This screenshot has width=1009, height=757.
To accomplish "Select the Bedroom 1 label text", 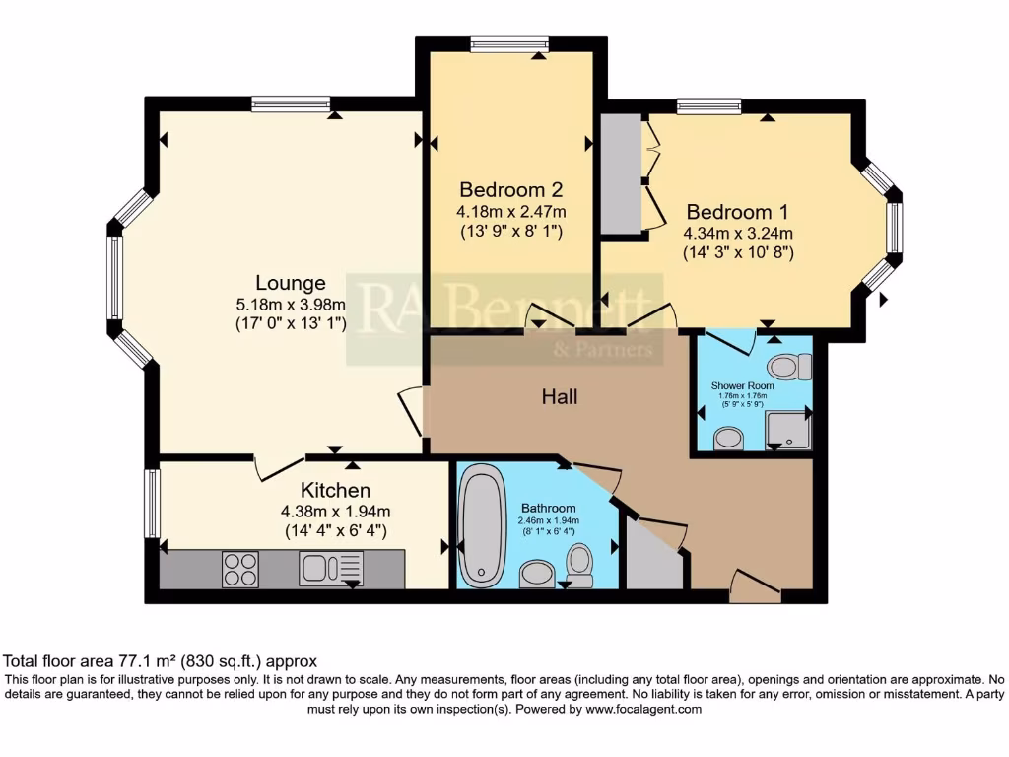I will click(x=738, y=212).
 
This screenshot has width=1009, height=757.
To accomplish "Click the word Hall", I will click(x=560, y=397).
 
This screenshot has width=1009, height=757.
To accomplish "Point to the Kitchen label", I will click(x=335, y=490).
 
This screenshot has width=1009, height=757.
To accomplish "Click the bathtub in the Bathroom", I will click(x=482, y=526).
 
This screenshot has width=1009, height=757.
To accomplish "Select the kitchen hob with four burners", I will click(x=240, y=568).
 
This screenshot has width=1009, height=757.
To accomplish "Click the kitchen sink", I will click(x=318, y=568).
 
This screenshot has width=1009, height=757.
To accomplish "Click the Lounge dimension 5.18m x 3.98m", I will click(x=291, y=304).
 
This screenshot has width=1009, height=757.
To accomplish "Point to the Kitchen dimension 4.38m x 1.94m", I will click(x=335, y=511).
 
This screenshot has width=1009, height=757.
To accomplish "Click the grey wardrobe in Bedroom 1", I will click(x=621, y=175).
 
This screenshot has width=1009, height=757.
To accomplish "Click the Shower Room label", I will click(x=742, y=385).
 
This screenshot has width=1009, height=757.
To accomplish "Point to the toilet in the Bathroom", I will click(x=579, y=565).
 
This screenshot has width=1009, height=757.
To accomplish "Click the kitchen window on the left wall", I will click(x=153, y=503).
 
